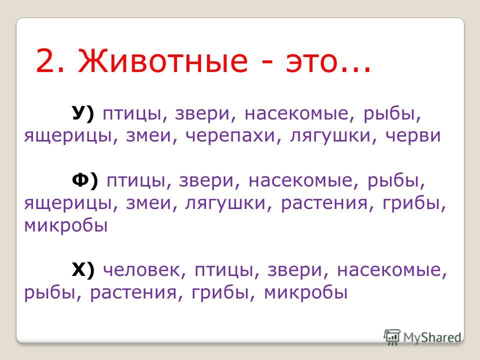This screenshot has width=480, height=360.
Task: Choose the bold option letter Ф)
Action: click(85, 180)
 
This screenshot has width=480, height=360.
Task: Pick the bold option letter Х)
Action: click(83, 270)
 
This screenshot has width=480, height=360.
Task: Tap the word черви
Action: click(413, 136)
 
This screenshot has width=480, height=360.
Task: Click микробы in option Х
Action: click(305, 292)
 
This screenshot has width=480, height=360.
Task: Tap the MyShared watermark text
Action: click(432, 337)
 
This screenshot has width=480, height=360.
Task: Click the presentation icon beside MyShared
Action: click(392, 337)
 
